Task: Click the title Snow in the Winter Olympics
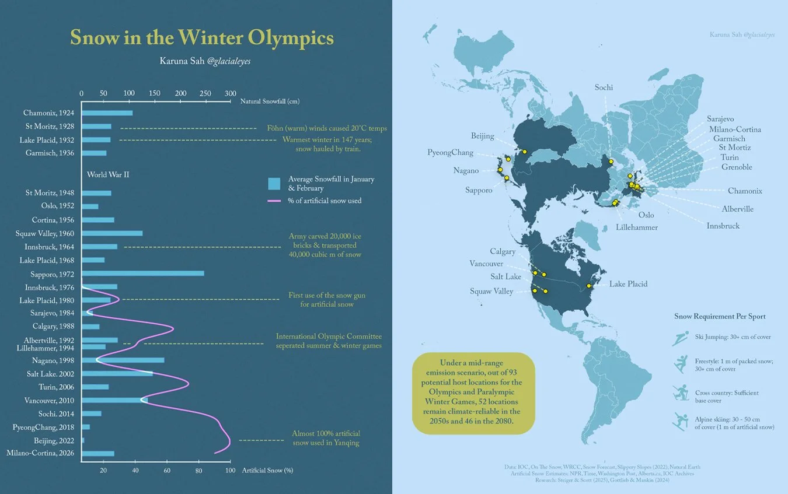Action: coord(202,37)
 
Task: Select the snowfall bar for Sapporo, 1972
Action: coord(143,274)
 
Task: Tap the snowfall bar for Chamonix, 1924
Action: coord(107,113)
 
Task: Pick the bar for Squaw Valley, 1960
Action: coord(112,233)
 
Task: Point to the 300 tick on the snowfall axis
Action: coord(231,93)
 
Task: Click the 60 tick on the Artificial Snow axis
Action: coord(167,471)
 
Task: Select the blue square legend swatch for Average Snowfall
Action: coord(274,184)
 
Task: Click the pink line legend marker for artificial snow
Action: coord(274,201)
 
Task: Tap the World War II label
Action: coord(108,174)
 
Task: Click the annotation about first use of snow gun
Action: coord(327,300)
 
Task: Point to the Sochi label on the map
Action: coord(604,87)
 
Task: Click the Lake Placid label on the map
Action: coord(628,284)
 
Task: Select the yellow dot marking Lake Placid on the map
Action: coord(590,285)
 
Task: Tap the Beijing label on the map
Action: coord(482,136)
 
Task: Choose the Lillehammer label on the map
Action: coord(637,227)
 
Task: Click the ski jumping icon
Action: coord(680,339)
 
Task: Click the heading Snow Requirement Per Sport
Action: coord(720,317)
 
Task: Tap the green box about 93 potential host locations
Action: coord(473,393)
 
